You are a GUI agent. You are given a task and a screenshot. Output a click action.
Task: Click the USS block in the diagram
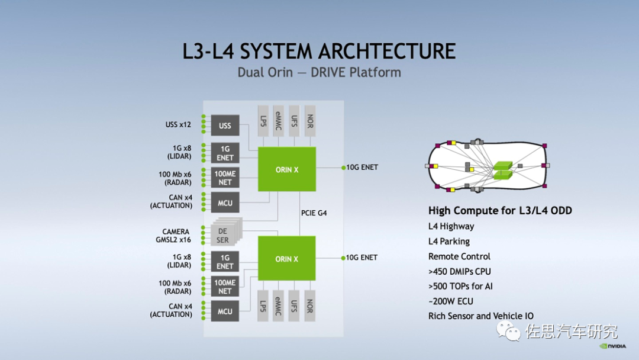coord(225,126)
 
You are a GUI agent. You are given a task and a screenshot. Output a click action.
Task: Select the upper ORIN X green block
coord(287,169)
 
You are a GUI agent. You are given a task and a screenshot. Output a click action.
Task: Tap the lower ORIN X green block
coord(287,259)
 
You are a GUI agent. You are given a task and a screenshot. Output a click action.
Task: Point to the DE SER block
coord(224,236)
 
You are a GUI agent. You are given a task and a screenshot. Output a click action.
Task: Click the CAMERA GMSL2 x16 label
coord(176,236)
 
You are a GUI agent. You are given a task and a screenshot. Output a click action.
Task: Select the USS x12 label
coord(178,125)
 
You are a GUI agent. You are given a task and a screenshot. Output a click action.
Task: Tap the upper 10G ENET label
coord(362,168)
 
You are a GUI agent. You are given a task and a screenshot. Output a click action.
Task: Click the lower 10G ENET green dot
coord(343,258)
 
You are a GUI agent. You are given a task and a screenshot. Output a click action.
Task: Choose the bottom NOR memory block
coord(309,306)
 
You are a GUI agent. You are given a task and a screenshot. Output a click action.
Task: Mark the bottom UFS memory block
coord(294,306)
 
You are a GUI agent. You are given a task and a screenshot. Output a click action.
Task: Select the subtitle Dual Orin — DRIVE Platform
coord(319,73)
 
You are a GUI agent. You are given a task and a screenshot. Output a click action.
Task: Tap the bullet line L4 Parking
coord(449,242)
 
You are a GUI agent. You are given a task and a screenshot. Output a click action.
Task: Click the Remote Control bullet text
coord(459,256)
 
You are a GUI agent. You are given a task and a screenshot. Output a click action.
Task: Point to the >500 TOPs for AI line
coord(460,286)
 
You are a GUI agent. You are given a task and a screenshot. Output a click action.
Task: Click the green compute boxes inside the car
coord(503,170)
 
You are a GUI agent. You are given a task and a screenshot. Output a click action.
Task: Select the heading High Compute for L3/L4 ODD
coord(500,211)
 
